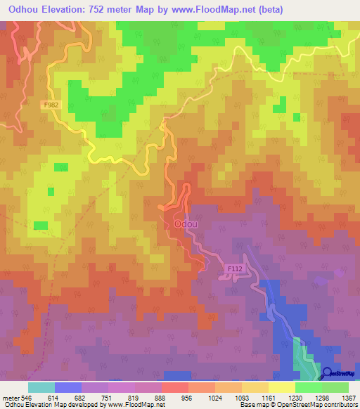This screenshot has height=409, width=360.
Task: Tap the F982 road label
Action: click(50, 103)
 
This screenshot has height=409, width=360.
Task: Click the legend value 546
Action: click(27, 397)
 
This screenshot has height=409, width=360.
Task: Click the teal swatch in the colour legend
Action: click(41, 387)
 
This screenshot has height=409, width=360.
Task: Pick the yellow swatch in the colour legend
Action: click(281, 387)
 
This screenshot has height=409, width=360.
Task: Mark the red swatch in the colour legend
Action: click(175, 387)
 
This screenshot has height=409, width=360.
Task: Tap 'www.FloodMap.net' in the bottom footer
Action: click(134, 405)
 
